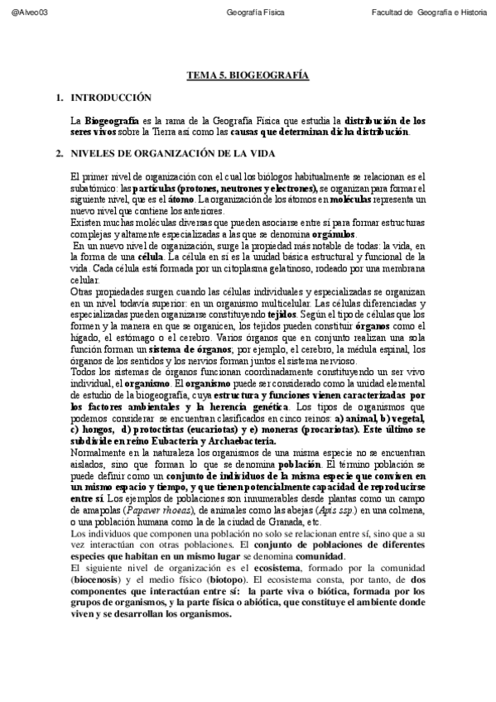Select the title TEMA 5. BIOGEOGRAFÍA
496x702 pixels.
coord(248,75)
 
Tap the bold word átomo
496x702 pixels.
coord(206,200)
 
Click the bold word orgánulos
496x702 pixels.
coord(335,234)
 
